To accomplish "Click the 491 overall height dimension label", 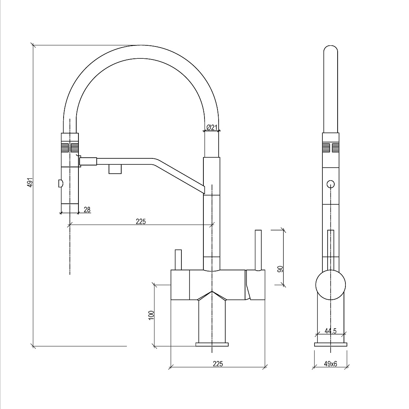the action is coord(30,182).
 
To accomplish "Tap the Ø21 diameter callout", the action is coord(212,127).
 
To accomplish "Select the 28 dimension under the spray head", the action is coord(87,209).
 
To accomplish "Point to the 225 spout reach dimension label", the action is coord(141,222).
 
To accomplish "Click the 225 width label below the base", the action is coord(218,364).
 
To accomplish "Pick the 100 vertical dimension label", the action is coord(151,315).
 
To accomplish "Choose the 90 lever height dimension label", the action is coord(280,269).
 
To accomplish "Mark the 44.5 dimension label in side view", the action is coord(331,331).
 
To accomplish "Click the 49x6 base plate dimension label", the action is coord(331,364).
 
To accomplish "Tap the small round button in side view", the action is coord(331,184).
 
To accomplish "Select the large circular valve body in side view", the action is coord(331,285).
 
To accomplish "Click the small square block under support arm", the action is coord(115,169).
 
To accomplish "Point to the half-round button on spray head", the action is coord(60,184).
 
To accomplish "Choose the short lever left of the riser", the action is coord(178,260).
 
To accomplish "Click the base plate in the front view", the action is coord(212,344).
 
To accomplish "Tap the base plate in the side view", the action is coord(331,344).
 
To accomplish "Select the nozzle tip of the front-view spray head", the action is coord(70,208).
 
